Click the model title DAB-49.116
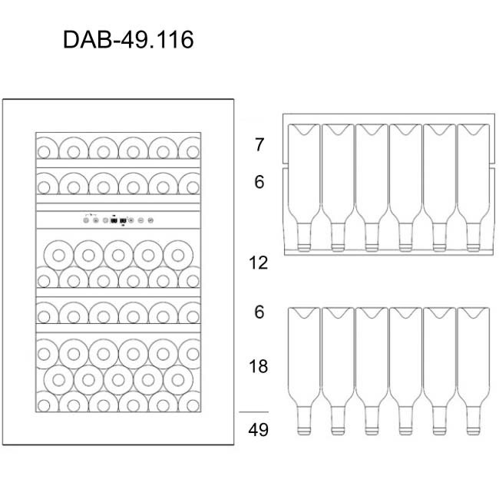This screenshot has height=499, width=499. (x=128, y=39)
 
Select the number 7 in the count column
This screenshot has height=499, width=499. (x=259, y=144)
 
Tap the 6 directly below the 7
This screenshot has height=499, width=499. (x=259, y=183)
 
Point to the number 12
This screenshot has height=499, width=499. (x=259, y=263)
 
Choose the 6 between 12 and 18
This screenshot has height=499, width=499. (x=259, y=312)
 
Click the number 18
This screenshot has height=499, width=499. (x=259, y=366)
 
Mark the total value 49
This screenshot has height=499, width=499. (x=259, y=430)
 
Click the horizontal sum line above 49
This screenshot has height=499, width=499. (x=254, y=412)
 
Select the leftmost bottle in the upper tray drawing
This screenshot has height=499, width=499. (x=302, y=184)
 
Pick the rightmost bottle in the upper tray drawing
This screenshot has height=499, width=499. (x=473, y=184)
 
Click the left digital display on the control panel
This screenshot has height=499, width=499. (x=114, y=221)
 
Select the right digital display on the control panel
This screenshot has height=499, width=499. (x=124, y=221)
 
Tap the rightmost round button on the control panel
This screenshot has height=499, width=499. (x=150, y=221)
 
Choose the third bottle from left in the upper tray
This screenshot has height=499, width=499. (x=371, y=184)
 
